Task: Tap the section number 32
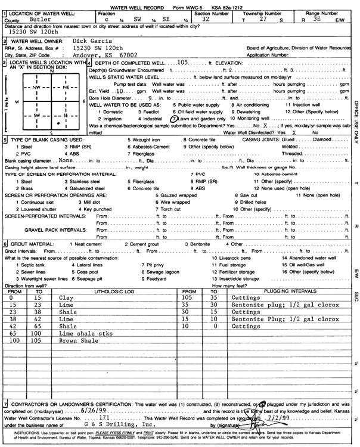pyautogui.click(x=206, y=20)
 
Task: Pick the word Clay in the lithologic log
pyautogui.click(x=66, y=296)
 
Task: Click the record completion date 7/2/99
pyautogui.click(x=271, y=419)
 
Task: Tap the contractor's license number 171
pyautogui.click(x=104, y=419)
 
